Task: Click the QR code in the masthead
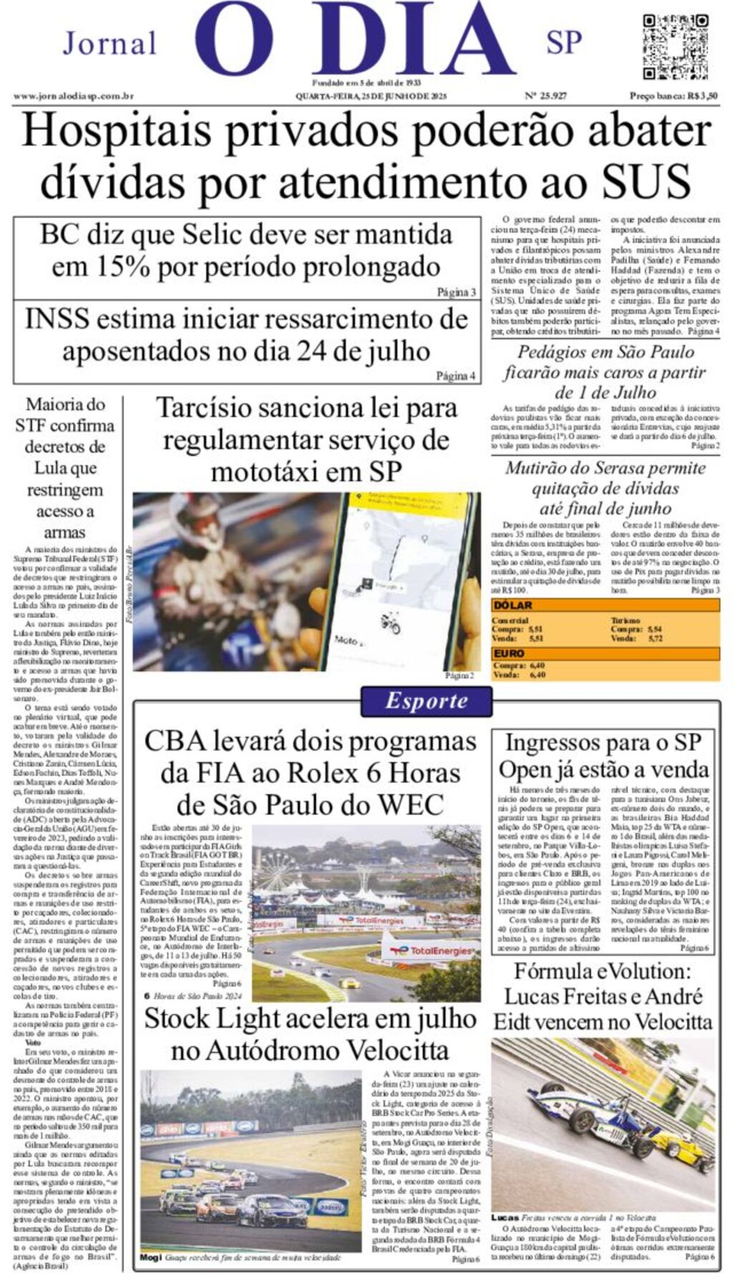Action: (675, 47)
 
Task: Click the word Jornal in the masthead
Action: (110, 43)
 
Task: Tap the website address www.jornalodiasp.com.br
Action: (74, 96)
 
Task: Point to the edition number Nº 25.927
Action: (545, 96)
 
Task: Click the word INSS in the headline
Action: (56, 319)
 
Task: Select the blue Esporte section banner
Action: (427, 701)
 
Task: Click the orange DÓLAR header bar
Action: (605, 606)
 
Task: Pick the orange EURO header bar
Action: (605, 653)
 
